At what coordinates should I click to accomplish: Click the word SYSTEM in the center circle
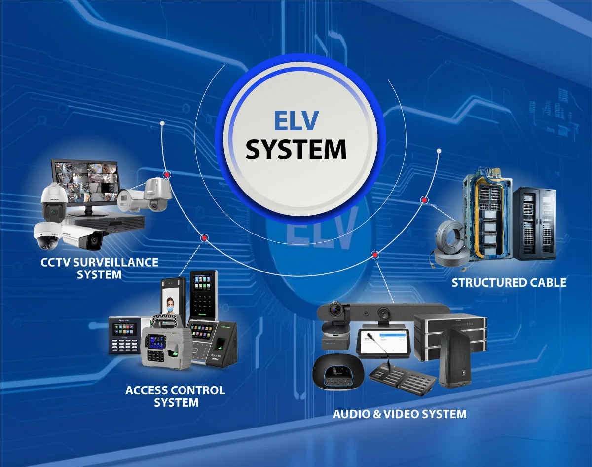[296, 149]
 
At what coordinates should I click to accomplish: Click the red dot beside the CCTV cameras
[168, 175]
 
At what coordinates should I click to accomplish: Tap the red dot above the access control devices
[204, 238]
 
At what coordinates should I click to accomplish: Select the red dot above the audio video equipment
[375, 255]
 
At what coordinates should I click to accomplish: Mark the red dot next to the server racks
[424, 200]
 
